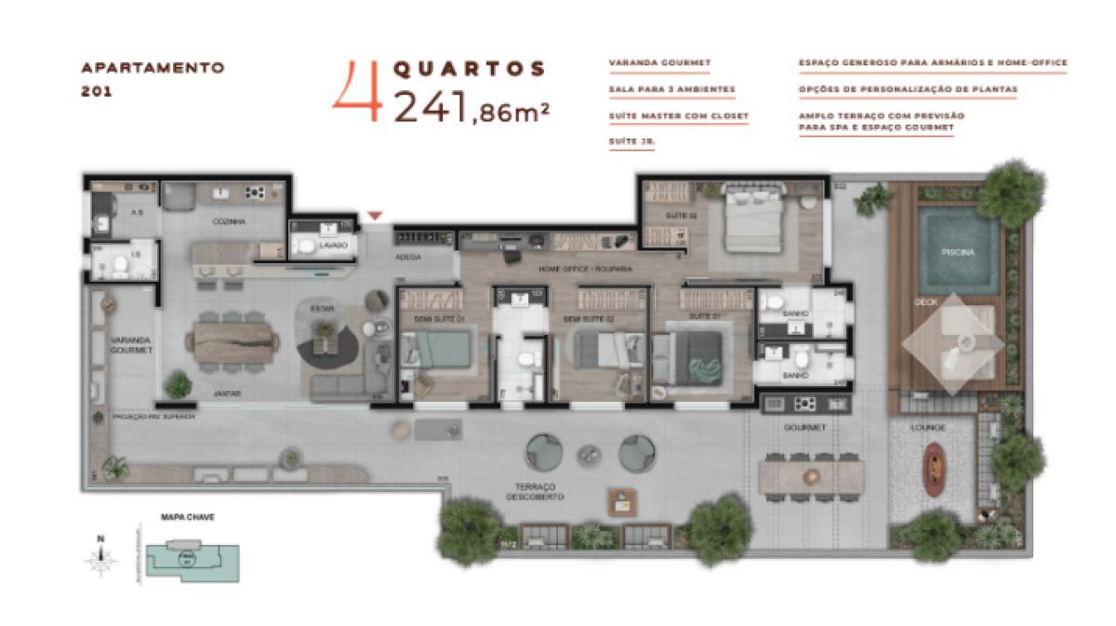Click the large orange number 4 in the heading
click(x=357, y=92)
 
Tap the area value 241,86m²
click(x=471, y=106)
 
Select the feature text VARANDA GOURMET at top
click(x=659, y=64)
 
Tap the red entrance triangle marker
click(x=374, y=216)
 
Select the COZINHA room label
click(x=229, y=222)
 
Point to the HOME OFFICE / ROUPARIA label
click(x=573, y=269)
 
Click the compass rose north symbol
click(x=100, y=560)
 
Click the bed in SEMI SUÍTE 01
click(x=439, y=351)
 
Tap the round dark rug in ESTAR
click(x=327, y=346)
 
